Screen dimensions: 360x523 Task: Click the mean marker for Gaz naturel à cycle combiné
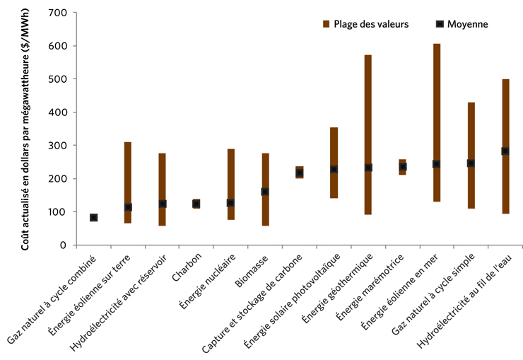tap(93, 218)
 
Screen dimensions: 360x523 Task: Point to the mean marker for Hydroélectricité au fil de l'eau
tap(505, 151)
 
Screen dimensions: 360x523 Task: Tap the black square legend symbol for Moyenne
tap(440, 23)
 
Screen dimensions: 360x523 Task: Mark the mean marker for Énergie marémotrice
tap(402, 167)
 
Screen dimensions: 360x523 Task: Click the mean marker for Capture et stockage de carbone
tap(299, 173)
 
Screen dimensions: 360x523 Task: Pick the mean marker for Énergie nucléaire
tap(230, 203)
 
